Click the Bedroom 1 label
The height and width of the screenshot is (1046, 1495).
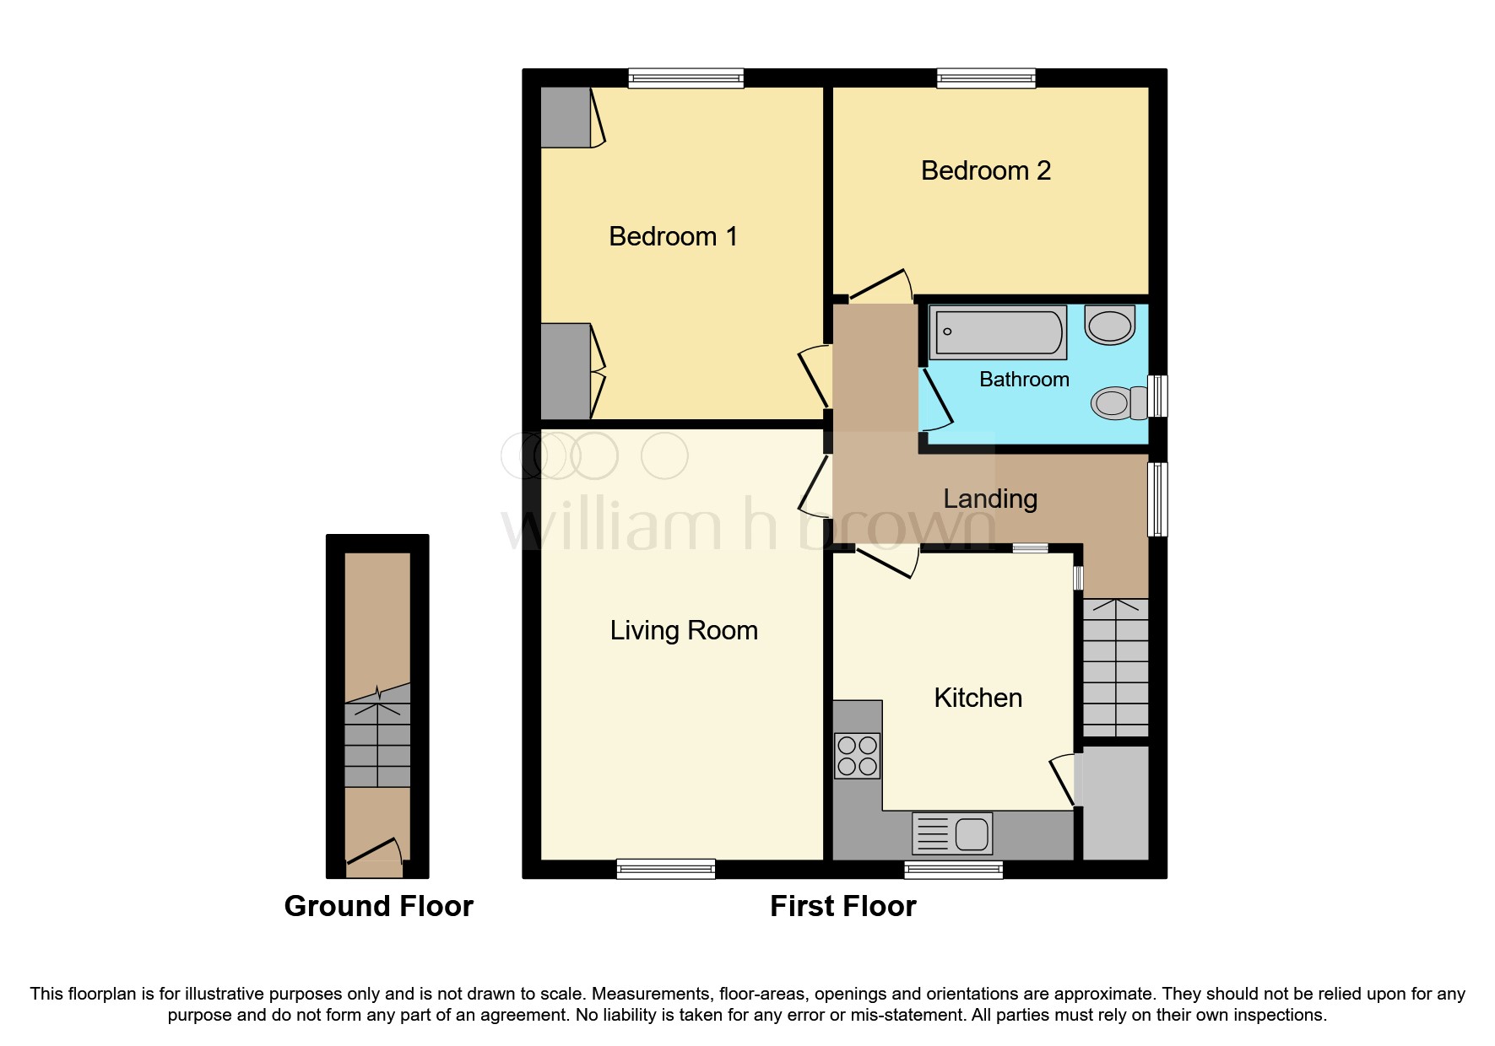[x=673, y=236]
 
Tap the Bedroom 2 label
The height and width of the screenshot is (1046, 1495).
[x=985, y=170]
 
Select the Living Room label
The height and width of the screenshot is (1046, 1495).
[x=683, y=630]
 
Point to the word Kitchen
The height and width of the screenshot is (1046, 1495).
[x=978, y=698]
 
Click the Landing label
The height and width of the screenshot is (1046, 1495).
[x=989, y=499]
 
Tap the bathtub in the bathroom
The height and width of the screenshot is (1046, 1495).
[x=997, y=332]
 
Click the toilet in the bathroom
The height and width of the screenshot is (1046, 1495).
[x=1119, y=403]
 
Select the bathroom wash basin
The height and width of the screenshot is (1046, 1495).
[x=1109, y=325]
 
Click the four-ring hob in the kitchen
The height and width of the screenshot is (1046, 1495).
[x=857, y=756]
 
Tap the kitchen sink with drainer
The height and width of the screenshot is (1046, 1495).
[x=952, y=833]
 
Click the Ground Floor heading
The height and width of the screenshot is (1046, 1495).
[x=378, y=906]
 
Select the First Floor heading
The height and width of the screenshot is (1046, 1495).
[x=842, y=906]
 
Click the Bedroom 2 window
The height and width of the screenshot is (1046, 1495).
[x=986, y=78]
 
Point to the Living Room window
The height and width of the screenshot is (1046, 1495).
[x=665, y=869]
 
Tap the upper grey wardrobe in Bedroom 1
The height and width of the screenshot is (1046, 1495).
[x=565, y=117]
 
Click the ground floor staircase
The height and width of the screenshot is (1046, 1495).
[x=377, y=737]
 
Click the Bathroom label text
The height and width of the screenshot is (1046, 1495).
[x=1023, y=380]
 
